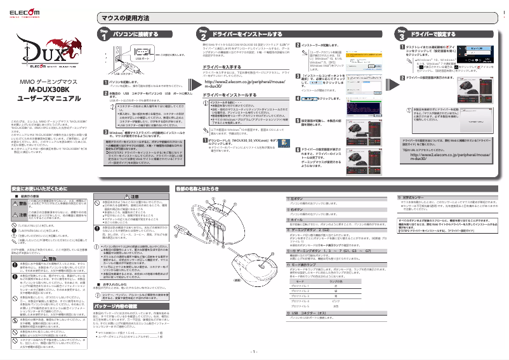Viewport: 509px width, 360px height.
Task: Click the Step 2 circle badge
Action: tap(202, 36)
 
